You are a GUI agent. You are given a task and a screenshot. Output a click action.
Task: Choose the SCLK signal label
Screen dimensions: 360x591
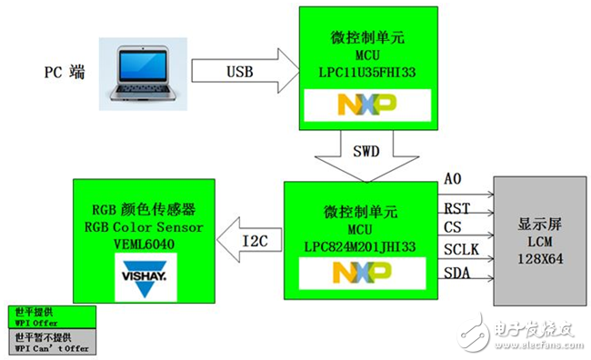click(461, 247)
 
